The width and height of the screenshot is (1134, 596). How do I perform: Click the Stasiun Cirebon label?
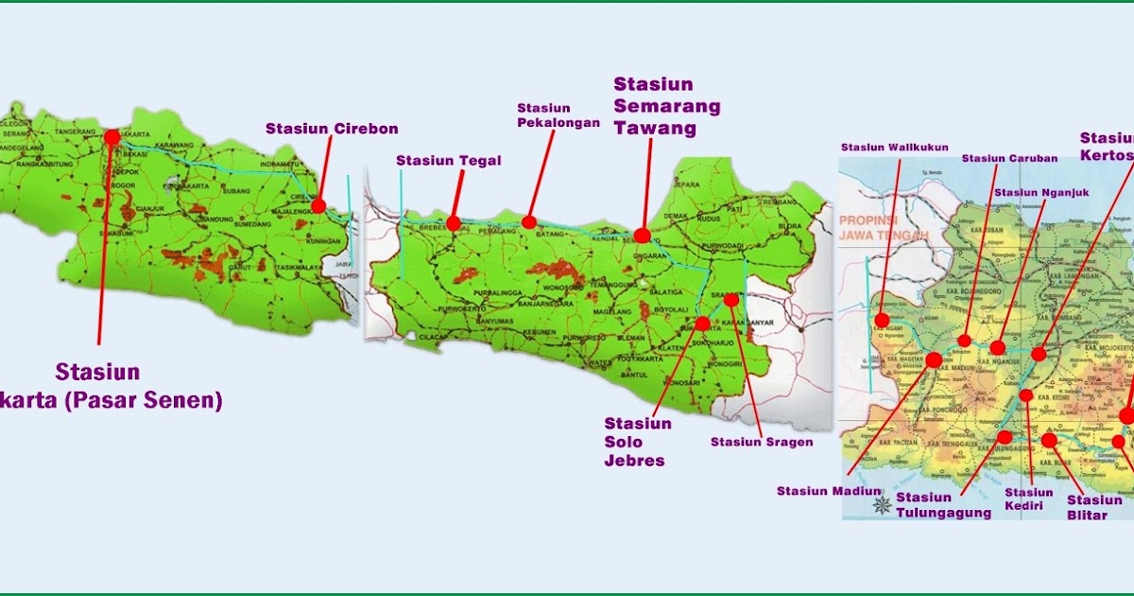pyautogui.click(x=332, y=129)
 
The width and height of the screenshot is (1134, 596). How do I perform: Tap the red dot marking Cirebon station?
pyautogui.click(x=318, y=205)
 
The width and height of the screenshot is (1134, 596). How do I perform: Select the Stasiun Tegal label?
pyautogui.click(x=449, y=161)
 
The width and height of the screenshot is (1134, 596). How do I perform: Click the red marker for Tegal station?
pyautogui.click(x=454, y=223)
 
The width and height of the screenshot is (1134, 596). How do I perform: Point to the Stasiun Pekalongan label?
pyautogui.click(x=558, y=114)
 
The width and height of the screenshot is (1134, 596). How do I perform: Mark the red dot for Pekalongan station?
pyautogui.click(x=529, y=222)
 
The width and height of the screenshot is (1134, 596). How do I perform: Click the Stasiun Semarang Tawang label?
pyautogui.click(x=667, y=105)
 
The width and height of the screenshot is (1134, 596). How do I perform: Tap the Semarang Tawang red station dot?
pyautogui.click(x=643, y=235)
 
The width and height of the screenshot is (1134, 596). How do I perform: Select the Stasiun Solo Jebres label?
pyautogui.click(x=638, y=442)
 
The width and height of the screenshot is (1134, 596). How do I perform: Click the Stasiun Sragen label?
pyautogui.click(x=762, y=442)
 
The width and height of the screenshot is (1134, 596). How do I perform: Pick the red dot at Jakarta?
pyautogui.click(x=112, y=137)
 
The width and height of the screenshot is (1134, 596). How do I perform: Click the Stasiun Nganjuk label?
pyautogui.click(x=1041, y=193)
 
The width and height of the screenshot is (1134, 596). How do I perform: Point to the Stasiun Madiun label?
pyautogui.click(x=828, y=491)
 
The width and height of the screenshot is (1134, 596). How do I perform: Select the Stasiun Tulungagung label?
pyautogui.click(x=943, y=505)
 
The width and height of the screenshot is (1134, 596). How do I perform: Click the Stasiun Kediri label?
pyautogui.click(x=1028, y=499)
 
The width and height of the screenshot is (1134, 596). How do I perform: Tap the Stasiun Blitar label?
pyautogui.click(x=1094, y=507)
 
